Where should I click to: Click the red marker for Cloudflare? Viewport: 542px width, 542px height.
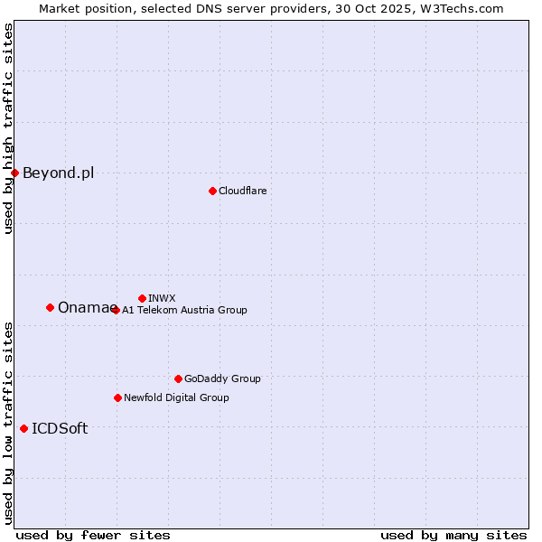(212, 191)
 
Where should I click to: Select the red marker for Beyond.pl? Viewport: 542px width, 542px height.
(14, 173)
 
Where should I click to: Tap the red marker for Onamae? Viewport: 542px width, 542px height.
(50, 307)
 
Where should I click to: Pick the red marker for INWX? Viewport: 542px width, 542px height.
(142, 298)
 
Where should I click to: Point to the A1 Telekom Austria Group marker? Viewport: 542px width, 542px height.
(116, 310)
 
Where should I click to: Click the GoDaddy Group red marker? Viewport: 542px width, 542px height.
(178, 378)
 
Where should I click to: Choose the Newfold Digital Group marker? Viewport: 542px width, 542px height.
(117, 397)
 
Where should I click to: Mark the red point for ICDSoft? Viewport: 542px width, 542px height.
(23, 428)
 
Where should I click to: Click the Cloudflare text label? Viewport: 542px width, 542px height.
(243, 191)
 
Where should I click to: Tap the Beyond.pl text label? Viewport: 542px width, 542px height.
(58, 173)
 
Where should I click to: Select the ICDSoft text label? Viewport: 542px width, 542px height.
(60, 428)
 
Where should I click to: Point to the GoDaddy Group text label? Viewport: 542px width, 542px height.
(222, 378)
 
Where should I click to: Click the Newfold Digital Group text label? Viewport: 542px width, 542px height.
(176, 397)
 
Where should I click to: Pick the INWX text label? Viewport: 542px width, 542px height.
(162, 298)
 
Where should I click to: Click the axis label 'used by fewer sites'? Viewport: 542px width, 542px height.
(93, 535)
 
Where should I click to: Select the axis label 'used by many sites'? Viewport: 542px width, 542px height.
(453, 535)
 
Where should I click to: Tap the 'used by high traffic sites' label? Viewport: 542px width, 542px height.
(8, 128)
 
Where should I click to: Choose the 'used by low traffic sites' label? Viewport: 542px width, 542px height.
(8, 422)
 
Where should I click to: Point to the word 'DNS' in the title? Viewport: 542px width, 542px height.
(206, 8)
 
